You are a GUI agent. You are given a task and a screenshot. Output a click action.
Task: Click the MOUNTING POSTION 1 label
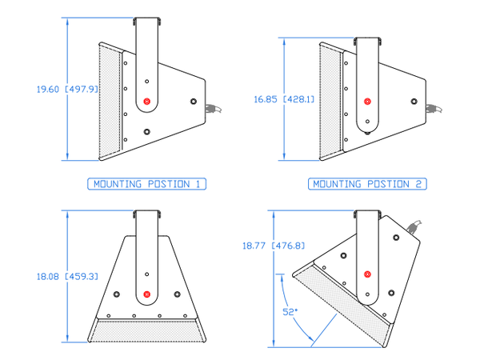(x=147, y=184)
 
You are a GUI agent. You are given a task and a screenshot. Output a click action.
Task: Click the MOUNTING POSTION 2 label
(x=367, y=184)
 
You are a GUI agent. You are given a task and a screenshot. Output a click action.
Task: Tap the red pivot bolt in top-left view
(x=147, y=101)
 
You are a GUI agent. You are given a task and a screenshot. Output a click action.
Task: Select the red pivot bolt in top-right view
(x=367, y=102)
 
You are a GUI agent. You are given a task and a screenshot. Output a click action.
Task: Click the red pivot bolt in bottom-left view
(x=147, y=295)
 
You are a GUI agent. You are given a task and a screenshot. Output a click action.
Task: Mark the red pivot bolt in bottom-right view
(x=367, y=275)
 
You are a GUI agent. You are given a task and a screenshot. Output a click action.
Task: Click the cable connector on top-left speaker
(x=210, y=109)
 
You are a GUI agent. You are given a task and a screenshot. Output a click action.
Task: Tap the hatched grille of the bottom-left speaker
(x=147, y=328)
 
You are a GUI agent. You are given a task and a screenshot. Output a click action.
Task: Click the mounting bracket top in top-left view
(x=147, y=20)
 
